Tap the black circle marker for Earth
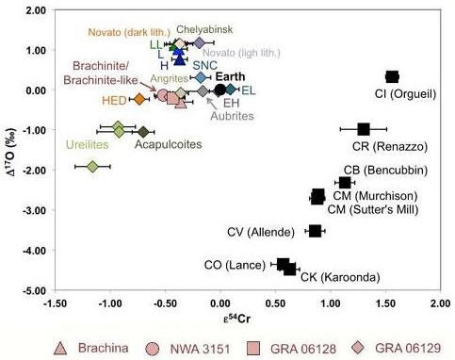click(x=220, y=90)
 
